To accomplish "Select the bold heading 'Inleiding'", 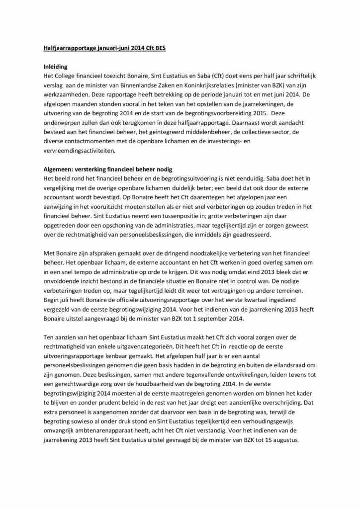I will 54,66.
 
